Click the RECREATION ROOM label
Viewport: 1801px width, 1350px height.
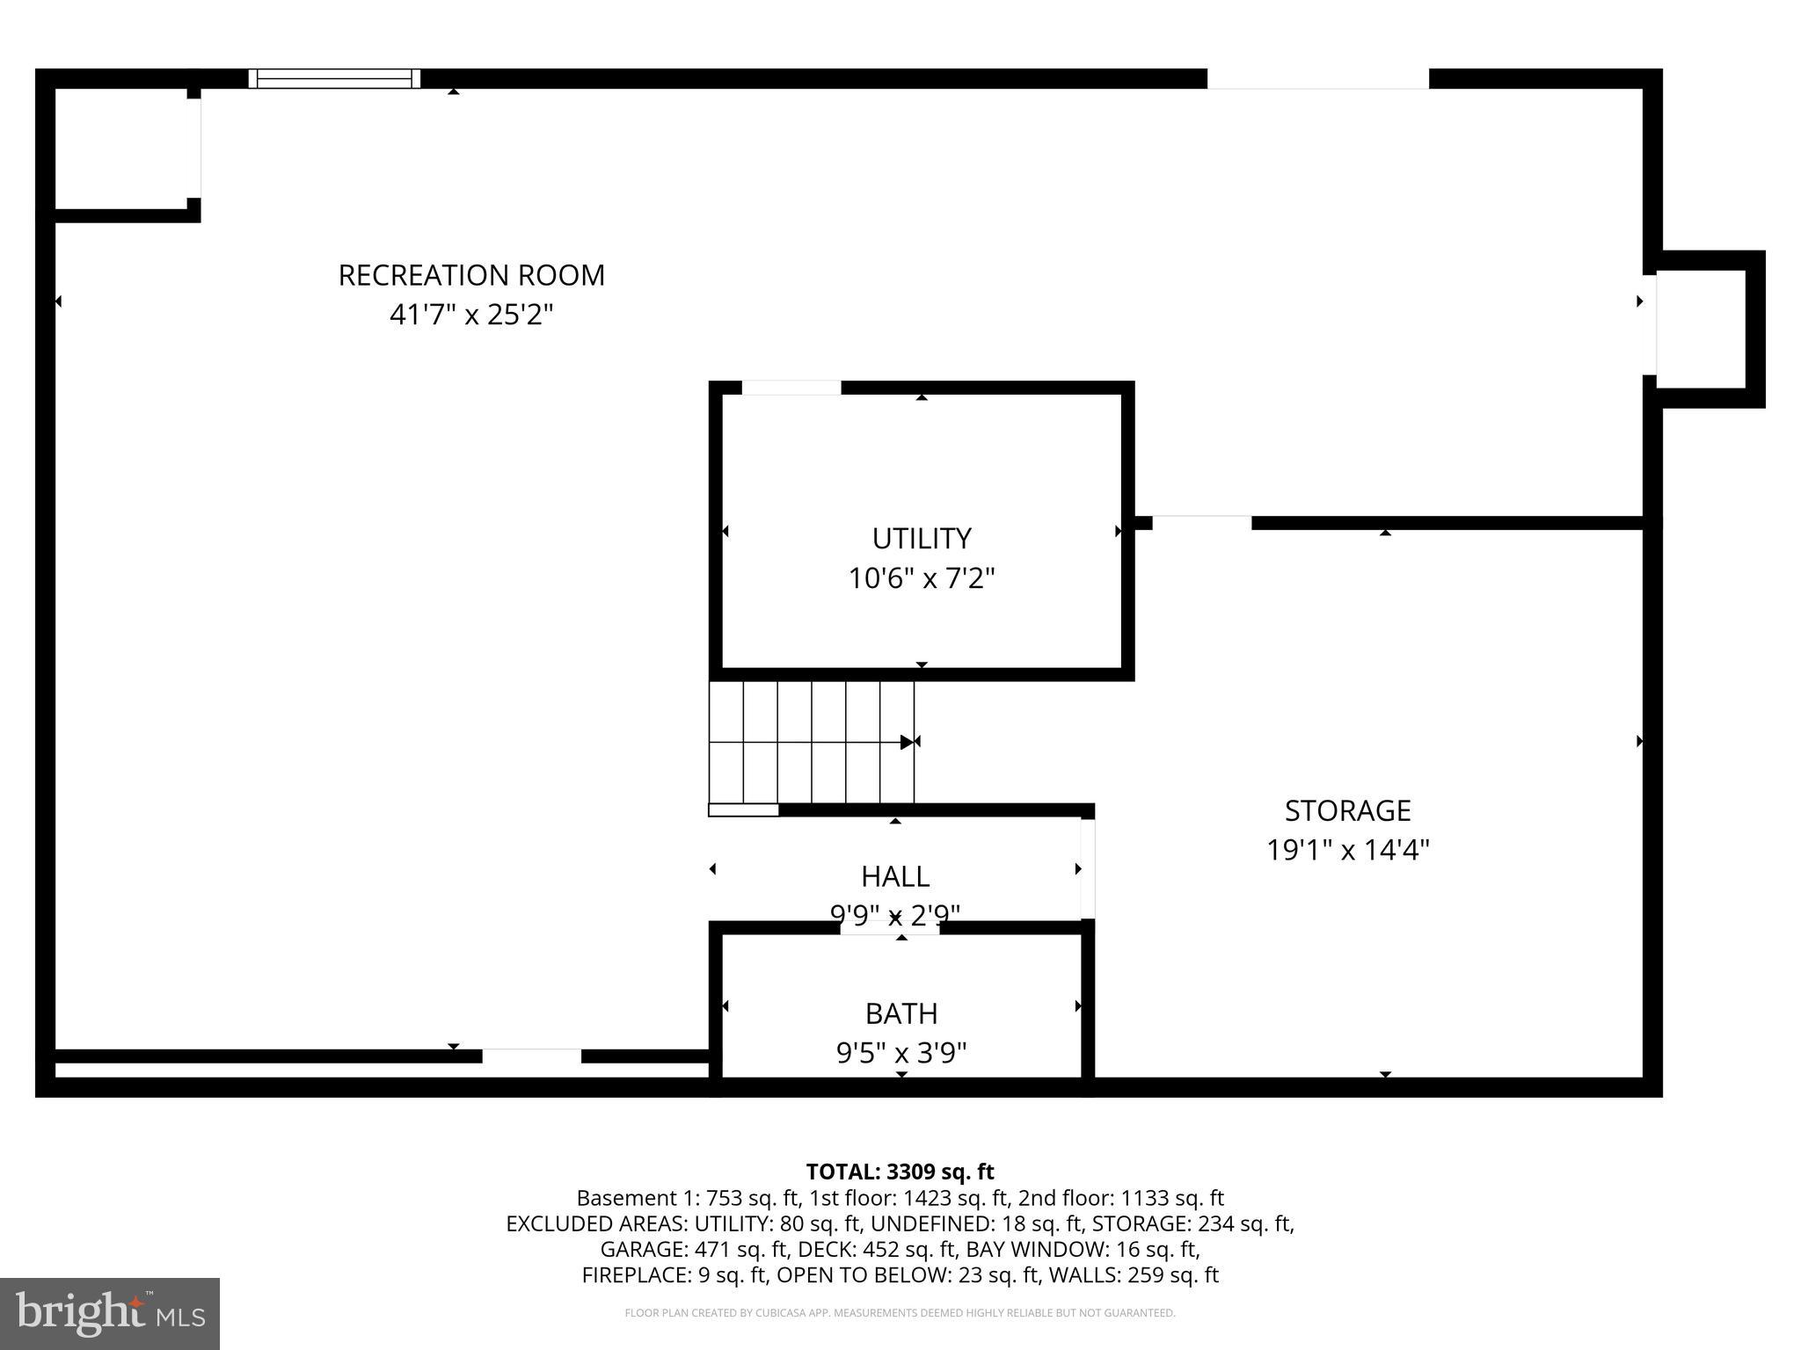[x=471, y=276]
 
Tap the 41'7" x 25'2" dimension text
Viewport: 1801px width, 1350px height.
[x=471, y=315]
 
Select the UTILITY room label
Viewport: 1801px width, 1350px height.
[x=921, y=538]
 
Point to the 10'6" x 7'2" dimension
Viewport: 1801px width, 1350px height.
[x=921, y=578]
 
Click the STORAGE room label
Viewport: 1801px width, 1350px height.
[x=1347, y=810]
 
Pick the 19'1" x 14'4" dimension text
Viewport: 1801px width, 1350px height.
[x=1347, y=850]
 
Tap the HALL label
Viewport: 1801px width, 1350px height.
[x=894, y=876]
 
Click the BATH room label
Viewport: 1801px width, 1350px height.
[x=900, y=1013]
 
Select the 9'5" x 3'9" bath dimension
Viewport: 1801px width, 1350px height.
[x=900, y=1052]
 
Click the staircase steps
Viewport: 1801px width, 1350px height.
[x=811, y=743]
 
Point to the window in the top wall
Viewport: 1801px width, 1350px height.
[x=334, y=79]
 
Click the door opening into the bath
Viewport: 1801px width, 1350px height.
[x=889, y=927]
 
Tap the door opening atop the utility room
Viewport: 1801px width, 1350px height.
[x=791, y=388]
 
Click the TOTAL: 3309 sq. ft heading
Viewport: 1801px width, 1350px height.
[x=900, y=1172]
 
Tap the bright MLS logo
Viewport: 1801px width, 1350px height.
[x=110, y=1313]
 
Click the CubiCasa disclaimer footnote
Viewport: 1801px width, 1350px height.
[x=900, y=1313]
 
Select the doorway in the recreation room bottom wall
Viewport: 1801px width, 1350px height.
[x=531, y=1056]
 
